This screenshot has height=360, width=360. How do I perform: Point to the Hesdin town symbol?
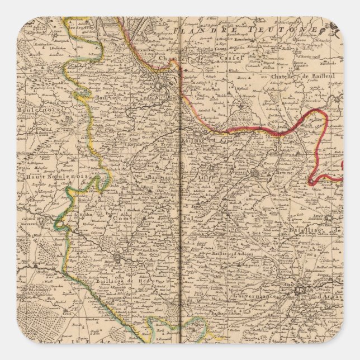click(x=119, y=257)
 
